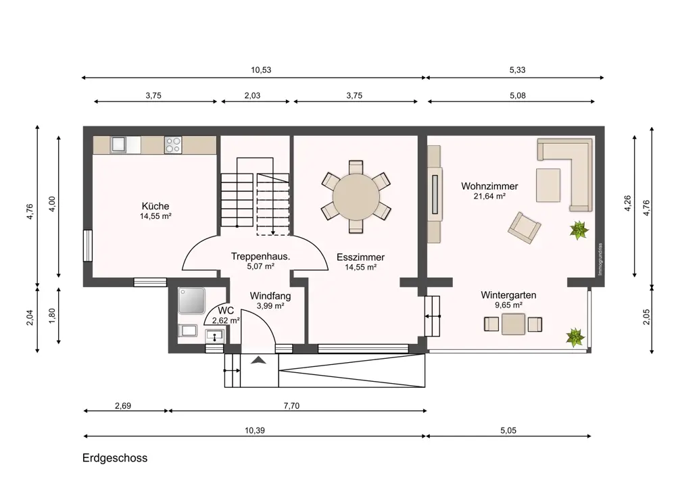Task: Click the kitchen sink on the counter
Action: click(118, 145)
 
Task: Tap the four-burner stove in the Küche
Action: click(173, 145)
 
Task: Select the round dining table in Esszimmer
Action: click(356, 197)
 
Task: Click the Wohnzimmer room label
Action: click(489, 186)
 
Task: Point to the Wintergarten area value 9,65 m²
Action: click(509, 305)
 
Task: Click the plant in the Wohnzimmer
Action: click(579, 230)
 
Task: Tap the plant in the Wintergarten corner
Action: click(575, 337)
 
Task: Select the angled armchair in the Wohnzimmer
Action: click(524, 228)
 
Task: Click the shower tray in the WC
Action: click(191, 301)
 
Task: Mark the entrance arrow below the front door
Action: click(258, 360)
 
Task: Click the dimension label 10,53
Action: click(261, 70)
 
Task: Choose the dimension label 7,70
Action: click(291, 405)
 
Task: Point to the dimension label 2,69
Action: click(123, 405)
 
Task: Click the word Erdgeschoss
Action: click(115, 457)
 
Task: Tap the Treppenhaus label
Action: click(260, 256)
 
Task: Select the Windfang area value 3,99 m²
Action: click(270, 306)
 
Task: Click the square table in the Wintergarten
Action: click(513, 324)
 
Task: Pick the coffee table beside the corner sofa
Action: click(548, 185)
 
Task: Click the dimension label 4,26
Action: click(627, 203)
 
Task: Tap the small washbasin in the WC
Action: click(215, 335)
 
